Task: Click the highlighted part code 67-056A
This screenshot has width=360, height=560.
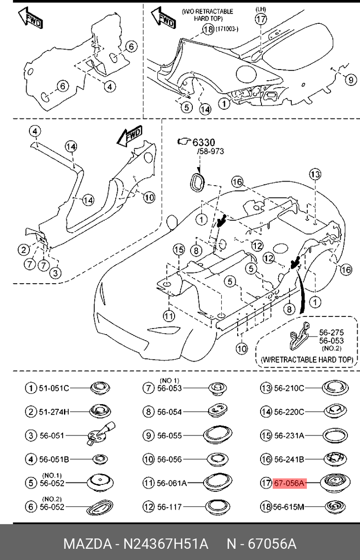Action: [289, 483]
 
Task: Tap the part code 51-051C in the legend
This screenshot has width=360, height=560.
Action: [54, 388]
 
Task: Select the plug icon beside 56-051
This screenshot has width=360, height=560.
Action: [100, 434]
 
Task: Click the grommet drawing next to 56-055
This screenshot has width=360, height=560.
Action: [218, 435]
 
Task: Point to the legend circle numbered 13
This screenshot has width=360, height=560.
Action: [266, 388]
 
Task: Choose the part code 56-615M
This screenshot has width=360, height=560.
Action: [288, 507]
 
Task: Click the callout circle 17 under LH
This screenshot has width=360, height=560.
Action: [261, 19]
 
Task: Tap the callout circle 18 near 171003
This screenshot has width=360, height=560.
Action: [208, 29]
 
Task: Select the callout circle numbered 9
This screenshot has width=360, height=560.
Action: [351, 80]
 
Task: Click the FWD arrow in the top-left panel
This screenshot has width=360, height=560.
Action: [31, 18]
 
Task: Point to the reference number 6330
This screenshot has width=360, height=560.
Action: [204, 142]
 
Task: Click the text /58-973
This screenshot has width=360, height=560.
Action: [211, 151]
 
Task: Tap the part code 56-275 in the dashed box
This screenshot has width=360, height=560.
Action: [331, 332]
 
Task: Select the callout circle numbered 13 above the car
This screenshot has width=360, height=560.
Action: [315, 174]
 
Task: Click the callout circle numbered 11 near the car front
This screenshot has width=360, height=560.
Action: [169, 316]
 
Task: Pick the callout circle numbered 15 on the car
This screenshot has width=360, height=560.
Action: [179, 250]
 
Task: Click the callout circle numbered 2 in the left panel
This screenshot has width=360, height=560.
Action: [24, 250]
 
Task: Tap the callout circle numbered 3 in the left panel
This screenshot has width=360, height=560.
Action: [55, 273]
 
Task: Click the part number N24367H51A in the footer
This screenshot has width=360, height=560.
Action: [165, 544]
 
